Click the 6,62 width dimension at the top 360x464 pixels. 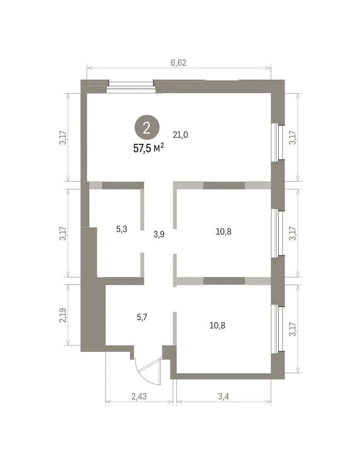pos(178,63)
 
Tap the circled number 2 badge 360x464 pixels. pos(147,128)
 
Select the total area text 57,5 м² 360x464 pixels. pos(148,148)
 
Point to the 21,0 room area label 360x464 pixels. pos(180,135)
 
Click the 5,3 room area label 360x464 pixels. pos(121,229)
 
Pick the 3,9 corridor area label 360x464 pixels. pos(159,234)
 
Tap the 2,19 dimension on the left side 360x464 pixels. pos(63,316)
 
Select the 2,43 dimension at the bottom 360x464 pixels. pos(139,396)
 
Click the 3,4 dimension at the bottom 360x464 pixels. pos(224,396)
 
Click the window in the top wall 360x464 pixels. pos(131,87)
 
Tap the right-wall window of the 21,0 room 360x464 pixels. pos(277,142)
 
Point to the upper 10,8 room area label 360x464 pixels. pos(224,232)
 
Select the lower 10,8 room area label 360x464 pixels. pos(217,326)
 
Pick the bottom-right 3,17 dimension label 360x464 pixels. pos(293,329)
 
